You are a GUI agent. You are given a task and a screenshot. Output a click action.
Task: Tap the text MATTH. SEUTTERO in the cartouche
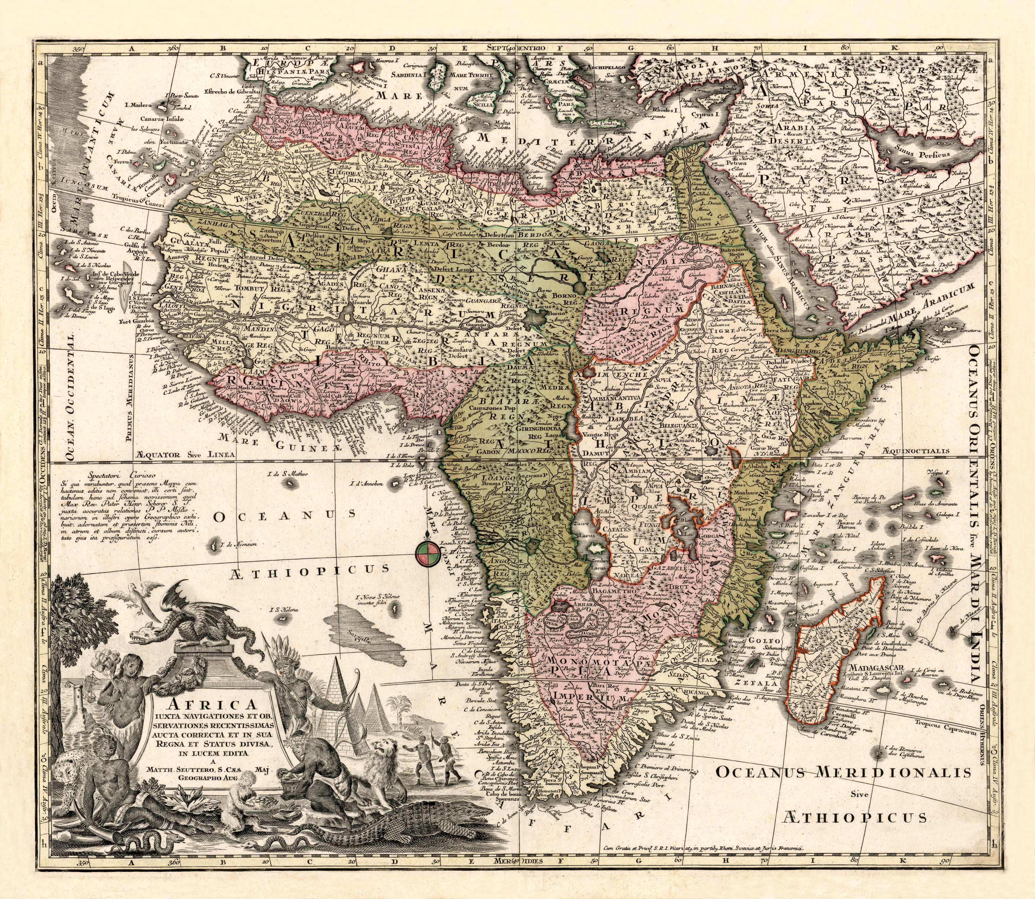pyautogui.click(x=201, y=768)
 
